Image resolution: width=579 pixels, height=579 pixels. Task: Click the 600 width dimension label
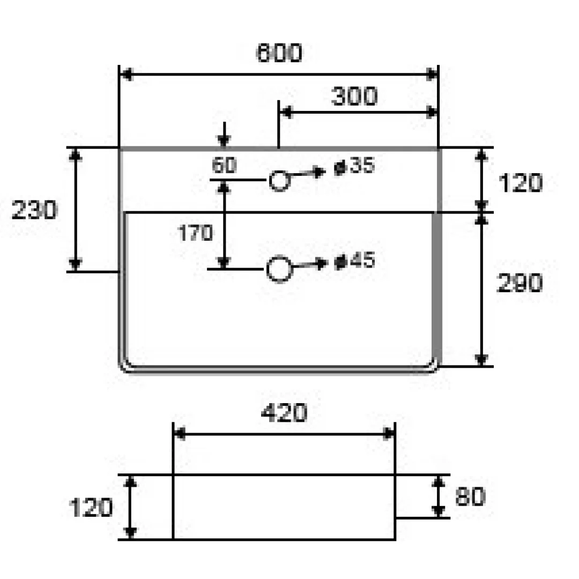(x=279, y=53)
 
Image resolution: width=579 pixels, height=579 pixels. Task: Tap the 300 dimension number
(x=354, y=96)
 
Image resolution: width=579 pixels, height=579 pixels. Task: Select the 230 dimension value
(x=34, y=210)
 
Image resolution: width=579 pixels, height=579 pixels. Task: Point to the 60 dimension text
(x=224, y=165)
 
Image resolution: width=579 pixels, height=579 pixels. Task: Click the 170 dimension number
(x=195, y=233)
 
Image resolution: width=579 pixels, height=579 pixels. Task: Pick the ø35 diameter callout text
(x=354, y=166)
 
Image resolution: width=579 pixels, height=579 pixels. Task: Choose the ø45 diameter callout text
(x=354, y=261)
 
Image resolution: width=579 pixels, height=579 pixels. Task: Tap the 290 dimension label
(x=520, y=283)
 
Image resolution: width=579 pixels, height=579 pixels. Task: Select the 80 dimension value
(x=470, y=496)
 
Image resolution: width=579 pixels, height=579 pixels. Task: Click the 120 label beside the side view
(x=91, y=508)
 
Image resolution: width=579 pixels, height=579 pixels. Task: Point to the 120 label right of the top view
(x=520, y=183)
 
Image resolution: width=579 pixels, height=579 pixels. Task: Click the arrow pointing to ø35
(x=307, y=173)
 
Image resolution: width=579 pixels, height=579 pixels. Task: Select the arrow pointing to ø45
(x=309, y=264)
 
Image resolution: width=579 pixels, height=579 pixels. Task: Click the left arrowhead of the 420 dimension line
(x=180, y=434)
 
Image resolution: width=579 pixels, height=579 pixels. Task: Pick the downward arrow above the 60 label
(x=224, y=135)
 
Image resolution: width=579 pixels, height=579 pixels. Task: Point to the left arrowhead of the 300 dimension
(x=286, y=112)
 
